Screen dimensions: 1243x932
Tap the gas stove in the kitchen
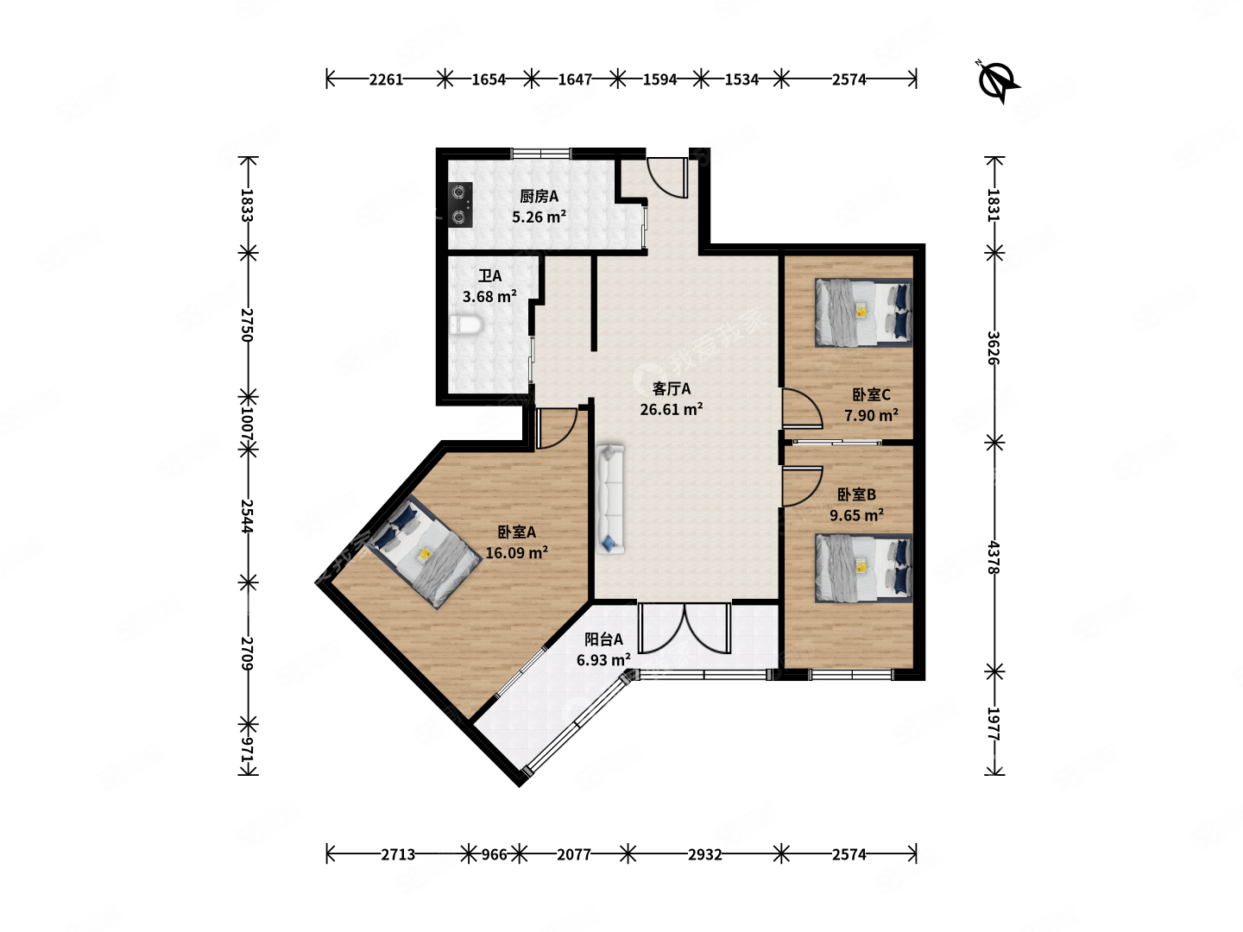[x=460, y=205]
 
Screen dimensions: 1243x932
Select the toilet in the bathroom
[x=465, y=324]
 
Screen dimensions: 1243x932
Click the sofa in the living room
[x=610, y=499]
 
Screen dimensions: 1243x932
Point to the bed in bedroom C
[x=863, y=312]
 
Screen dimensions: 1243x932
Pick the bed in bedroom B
[x=863, y=568]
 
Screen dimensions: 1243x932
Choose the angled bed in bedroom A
[x=424, y=551]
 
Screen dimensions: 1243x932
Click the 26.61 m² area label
[x=671, y=409]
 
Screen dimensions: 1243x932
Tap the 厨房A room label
[x=539, y=197]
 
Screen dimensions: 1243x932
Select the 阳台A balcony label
[x=603, y=639]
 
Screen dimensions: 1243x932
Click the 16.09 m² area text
[x=516, y=553]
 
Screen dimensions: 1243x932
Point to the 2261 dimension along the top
[x=386, y=79]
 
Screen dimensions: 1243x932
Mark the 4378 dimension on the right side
[x=994, y=557]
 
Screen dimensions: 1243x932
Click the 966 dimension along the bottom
[x=494, y=854]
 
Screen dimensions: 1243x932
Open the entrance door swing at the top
[x=667, y=177]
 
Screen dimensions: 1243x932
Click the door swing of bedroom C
[x=802, y=408]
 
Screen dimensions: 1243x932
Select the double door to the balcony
[x=684, y=629]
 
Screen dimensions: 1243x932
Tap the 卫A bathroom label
[x=489, y=276]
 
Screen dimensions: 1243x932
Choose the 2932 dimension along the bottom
[x=704, y=854]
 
